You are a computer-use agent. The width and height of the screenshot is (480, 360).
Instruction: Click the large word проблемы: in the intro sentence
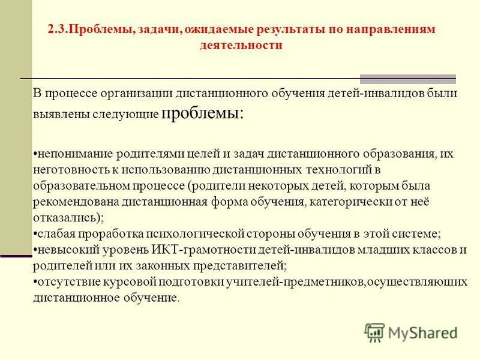tap(203, 113)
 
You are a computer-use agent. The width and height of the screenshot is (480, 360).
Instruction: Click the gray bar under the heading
tap(407, 79)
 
